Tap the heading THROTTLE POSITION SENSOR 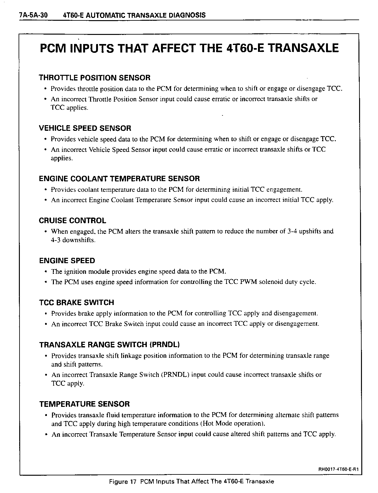[x=94, y=78]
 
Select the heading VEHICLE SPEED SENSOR [x=85, y=128]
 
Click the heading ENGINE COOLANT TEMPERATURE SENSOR [x=119, y=179]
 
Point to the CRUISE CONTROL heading [x=72, y=221]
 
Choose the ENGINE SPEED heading [x=67, y=261]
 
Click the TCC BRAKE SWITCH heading [x=77, y=303]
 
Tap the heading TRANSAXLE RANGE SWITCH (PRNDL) [x=109, y=345]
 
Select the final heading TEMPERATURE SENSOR [x=84, y=404]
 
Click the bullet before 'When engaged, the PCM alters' [x=46, y=232]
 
